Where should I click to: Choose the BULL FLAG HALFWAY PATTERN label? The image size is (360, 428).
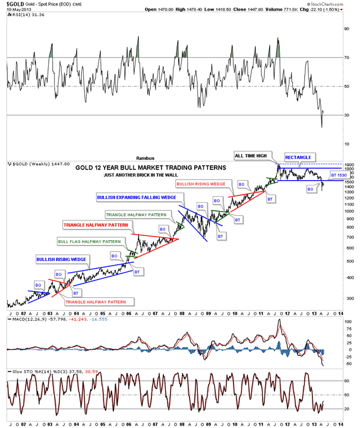[89, 241]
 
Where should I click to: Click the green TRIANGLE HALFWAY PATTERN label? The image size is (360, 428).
[135, 214]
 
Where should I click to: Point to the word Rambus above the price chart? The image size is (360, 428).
[145, 159]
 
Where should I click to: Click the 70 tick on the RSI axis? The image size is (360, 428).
[345, 58]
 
